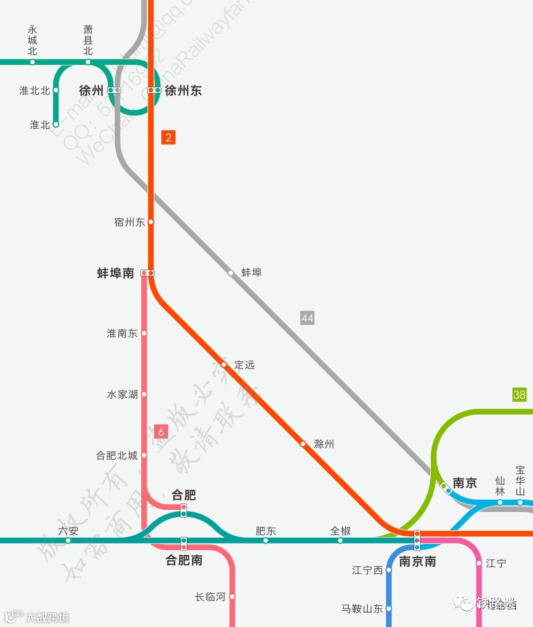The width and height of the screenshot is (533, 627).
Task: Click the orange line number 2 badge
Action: point(168,137)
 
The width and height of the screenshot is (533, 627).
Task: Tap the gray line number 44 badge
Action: point(307,318)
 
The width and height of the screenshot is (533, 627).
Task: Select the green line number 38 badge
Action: point(520,394)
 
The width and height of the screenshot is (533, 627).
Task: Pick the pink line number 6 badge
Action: point(161,431)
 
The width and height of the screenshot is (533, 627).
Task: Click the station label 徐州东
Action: point(183,90)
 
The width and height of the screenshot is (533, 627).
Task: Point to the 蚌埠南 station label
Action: point(115,273)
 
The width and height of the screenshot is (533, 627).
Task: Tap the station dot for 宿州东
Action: point(151,222)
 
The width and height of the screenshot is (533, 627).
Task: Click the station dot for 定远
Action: point(224,365)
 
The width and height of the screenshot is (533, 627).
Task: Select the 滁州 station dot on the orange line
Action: point(303,444)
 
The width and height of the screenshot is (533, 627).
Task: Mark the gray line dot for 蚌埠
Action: point(231,273)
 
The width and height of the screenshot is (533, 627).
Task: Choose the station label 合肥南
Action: point(184,560)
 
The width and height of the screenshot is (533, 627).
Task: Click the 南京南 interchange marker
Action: point(417,541)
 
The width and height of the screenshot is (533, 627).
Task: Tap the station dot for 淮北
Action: point(56,124)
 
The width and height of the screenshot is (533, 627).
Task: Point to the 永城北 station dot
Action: point(33,62)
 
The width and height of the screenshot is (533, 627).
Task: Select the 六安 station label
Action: point(68,531)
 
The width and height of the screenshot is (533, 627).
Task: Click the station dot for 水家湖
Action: point(144,394)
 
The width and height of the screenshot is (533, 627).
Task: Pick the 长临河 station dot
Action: point(232,597)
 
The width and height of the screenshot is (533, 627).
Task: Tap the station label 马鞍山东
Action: point(362,609)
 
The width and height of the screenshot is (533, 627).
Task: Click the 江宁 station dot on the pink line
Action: point(479,563)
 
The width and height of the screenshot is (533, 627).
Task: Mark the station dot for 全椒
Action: point(340,541)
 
